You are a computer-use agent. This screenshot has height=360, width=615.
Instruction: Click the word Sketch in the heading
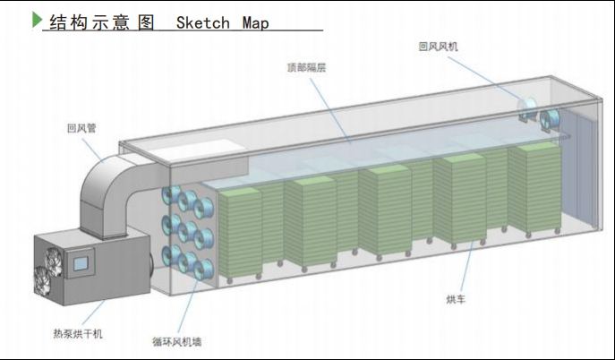click(x=203, y=21)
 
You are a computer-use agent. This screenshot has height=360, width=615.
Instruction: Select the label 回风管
click(x=81, y=128)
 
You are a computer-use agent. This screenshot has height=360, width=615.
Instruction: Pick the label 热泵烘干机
click(x=79, y=333)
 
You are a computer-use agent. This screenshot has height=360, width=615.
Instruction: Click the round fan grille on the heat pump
click(x=50, y=262)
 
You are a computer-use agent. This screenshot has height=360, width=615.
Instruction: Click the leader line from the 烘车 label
click(x=465, y=269)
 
